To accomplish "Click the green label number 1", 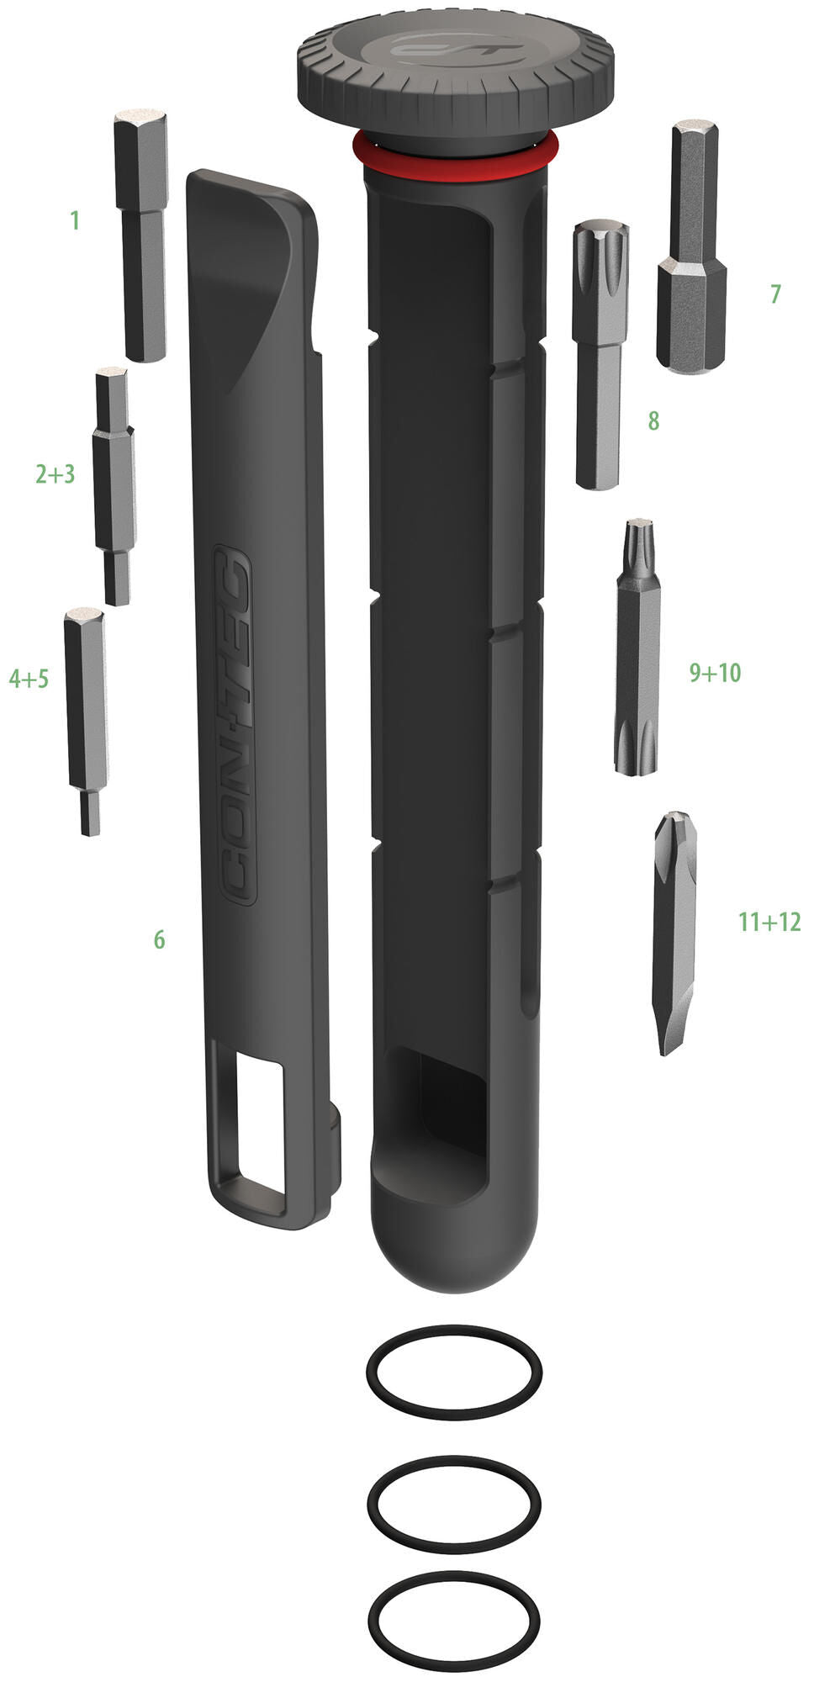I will click(x=75, y=221).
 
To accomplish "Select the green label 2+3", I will click(x=55, y=474).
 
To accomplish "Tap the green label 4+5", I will click(x=29, y=679).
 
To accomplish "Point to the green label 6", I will click(x=159, y=939).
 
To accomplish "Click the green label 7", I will click(x=774, y=294).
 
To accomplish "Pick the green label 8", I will click(x=653, y=420).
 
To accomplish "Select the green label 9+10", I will click(x=715, y=672).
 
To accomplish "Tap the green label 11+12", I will click(x=769, y=922).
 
